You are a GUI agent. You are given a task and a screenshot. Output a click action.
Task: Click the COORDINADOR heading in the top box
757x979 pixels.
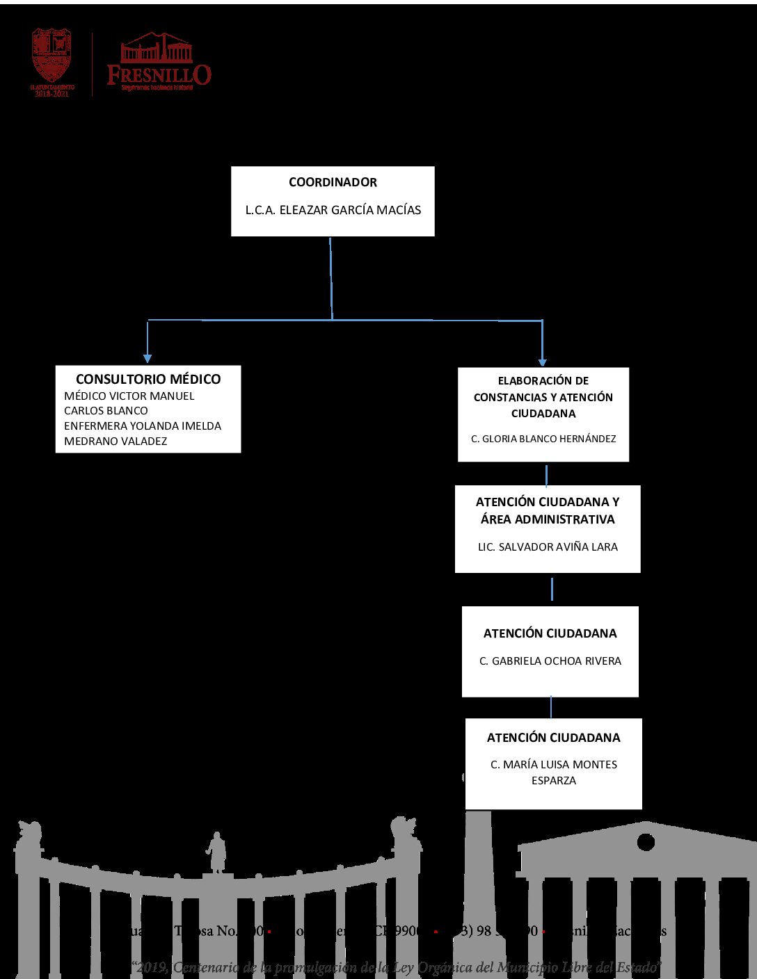click(333, 182)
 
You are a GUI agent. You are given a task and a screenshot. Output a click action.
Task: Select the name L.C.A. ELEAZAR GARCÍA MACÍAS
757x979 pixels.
click(333, 210)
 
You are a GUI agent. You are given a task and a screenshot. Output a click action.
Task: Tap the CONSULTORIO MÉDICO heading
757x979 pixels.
click(148, 379)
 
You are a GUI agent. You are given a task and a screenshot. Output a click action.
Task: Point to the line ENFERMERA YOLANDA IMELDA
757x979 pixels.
click(143, 426)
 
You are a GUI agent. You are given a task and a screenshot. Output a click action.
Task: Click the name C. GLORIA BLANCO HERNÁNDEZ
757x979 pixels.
click(543, 439)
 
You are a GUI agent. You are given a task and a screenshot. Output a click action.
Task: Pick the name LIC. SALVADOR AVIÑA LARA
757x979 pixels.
click(548, 547)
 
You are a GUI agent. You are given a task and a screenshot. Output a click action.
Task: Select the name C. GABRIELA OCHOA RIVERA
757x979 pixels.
click(550, 661)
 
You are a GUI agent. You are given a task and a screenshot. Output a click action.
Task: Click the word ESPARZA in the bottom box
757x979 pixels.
click(554, 781)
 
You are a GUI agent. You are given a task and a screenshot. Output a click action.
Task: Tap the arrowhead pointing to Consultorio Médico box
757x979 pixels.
click(148, 357)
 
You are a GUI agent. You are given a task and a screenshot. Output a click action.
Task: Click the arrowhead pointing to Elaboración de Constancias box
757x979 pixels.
click(542, 361)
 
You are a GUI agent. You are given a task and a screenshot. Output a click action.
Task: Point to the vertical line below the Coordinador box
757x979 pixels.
click(331, 278)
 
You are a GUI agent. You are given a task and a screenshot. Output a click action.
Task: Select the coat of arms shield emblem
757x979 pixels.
click(51, 56)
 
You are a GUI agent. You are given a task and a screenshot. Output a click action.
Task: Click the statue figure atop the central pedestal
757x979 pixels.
click(217, 852)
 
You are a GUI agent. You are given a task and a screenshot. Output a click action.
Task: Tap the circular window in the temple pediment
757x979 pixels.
click(646, 842)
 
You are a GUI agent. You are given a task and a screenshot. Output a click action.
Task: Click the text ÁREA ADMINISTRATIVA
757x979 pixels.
click(548, 519)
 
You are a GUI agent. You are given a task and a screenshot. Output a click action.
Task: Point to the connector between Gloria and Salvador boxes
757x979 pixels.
click(547, 475)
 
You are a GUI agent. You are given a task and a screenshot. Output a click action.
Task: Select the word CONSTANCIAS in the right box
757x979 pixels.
click(515, 397)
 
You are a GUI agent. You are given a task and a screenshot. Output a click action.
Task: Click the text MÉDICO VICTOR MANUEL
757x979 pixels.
click(129, 396)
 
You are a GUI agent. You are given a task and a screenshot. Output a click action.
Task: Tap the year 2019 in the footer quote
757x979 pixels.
click(153, 967)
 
